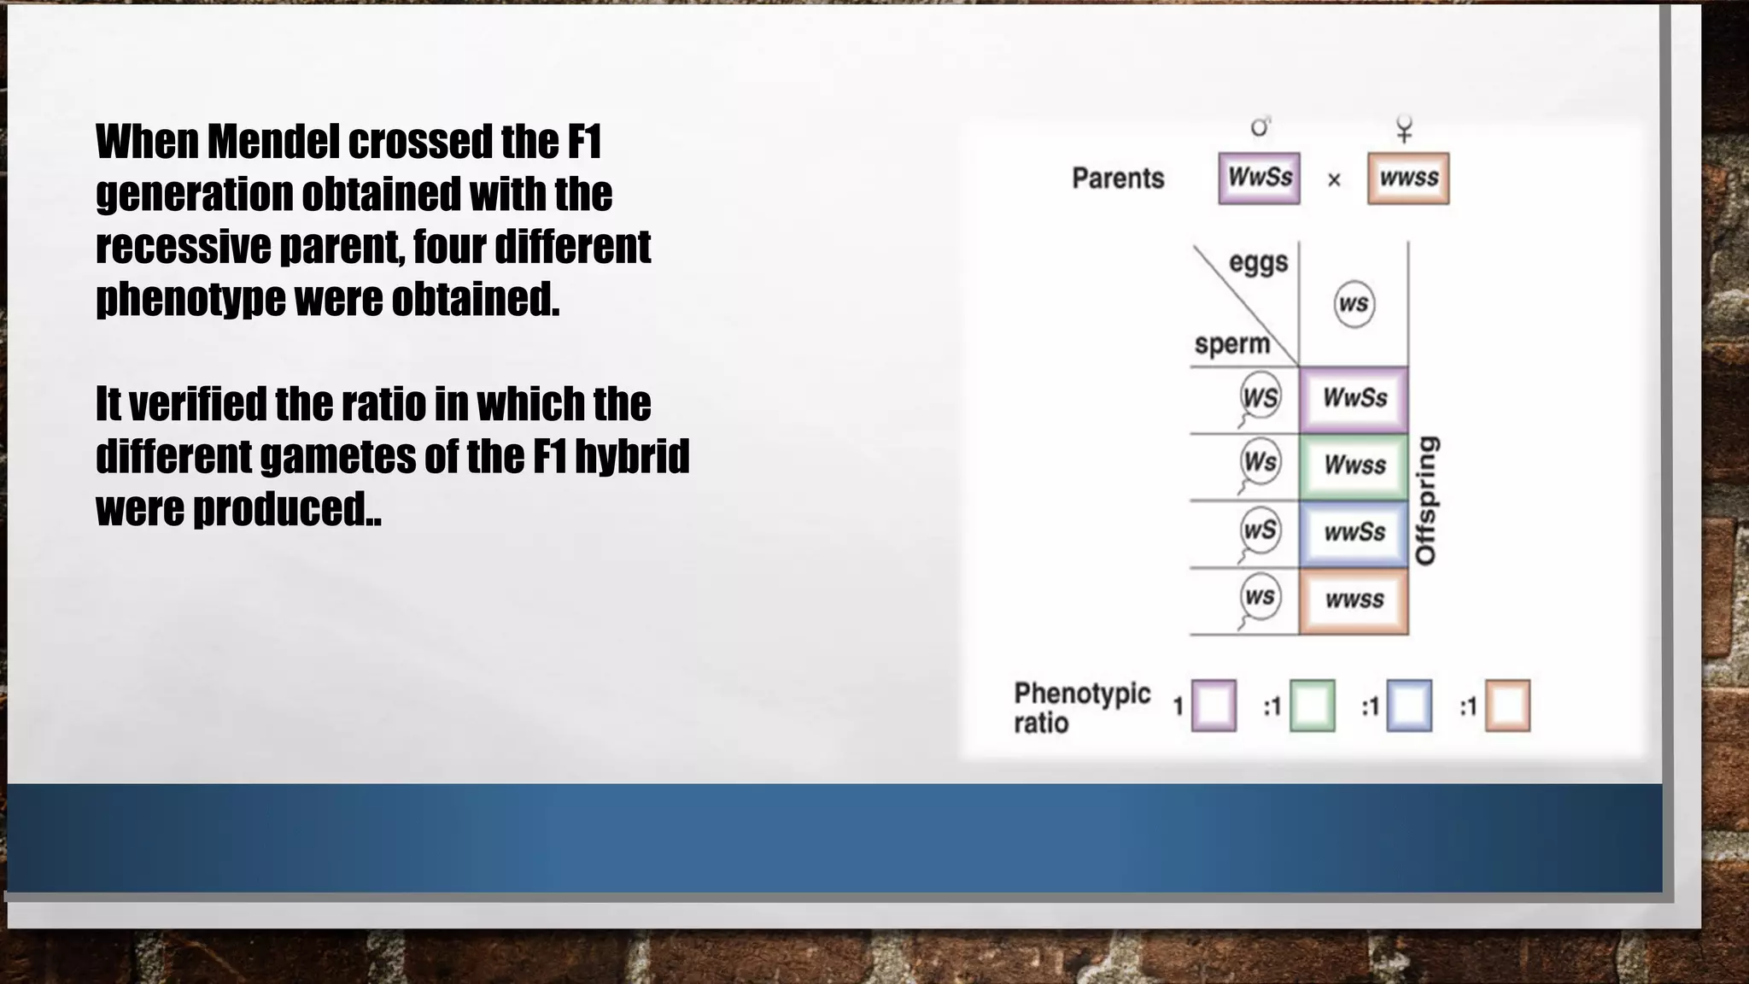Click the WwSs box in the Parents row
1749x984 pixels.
[1259, 179]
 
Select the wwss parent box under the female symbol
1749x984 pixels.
[1408, 179]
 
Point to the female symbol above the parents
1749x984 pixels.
[1404, 130]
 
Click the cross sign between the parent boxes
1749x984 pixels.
[1334, 180]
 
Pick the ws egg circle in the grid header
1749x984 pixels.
[1354, 304]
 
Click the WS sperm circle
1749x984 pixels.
[1261, 396]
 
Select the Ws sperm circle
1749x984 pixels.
[1261, 462]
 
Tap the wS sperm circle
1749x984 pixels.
[1261, 530]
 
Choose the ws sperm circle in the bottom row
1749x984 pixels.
[1261, 596]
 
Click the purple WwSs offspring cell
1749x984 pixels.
[1354, 398]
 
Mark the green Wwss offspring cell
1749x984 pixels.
[1354, 466]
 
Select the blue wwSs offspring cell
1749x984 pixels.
[1354, 533]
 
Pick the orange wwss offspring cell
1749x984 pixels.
[1354, 600]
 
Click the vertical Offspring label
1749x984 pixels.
[1426, 501]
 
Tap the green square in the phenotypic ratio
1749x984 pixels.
[1312, 706]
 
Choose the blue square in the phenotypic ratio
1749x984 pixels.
[1409, 706]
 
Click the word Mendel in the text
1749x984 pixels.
[273, 142]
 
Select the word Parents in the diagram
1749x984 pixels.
[1118, 179]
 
